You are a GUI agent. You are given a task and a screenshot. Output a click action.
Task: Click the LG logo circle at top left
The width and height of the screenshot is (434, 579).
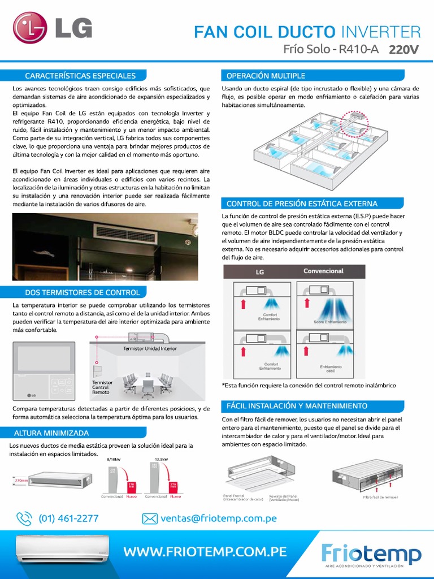[x=31, y=29]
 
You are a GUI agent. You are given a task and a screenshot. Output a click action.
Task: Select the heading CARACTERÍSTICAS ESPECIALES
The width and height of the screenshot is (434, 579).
[x=80, y=75]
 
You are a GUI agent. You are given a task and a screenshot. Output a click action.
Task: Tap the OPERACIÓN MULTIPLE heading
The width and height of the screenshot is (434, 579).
[x=266, y=75]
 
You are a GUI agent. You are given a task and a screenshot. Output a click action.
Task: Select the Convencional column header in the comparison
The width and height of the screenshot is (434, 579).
[x=323, y=271]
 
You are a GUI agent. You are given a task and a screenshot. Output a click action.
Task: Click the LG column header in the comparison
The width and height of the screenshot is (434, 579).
[x=260, y=272]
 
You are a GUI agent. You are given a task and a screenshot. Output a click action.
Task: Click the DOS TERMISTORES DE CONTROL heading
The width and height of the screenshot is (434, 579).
[x=83, y=292]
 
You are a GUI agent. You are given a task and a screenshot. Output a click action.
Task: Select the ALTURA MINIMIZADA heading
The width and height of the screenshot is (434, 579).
[x=56, y=433]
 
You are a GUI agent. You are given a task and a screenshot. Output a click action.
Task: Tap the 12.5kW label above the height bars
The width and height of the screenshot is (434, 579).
[x=162, y=459]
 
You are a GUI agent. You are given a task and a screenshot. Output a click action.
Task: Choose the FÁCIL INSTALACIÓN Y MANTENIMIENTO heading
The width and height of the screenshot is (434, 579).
[x=297, y=406]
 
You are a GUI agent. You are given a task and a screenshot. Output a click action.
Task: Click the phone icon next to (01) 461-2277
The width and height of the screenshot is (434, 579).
[x=24, y=518]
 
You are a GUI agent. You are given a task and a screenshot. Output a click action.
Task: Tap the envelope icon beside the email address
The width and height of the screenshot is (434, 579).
[x=149, y=518]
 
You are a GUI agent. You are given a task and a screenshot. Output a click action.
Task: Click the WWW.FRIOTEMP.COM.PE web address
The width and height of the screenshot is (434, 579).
[x=205, y=551]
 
